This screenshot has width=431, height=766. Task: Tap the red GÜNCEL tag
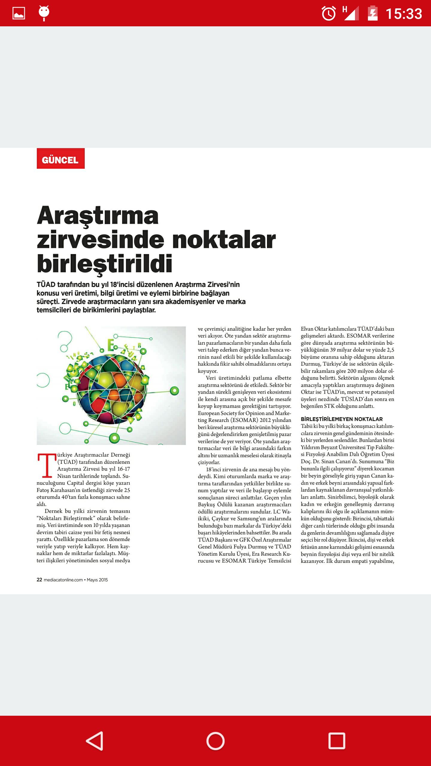(x=60, y=159)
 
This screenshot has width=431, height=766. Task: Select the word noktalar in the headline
(x=224, y=240)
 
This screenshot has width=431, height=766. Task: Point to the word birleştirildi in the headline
(x=104, y=264)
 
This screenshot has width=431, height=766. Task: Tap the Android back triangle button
(x=95, y=741)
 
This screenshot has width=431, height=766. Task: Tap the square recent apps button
(x=337, y=741)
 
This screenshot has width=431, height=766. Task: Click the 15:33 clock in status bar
(x=404, y=14)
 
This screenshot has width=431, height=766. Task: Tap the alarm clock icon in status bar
(x=329, y=14)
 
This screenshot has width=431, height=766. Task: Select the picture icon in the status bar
(x=19, y=13)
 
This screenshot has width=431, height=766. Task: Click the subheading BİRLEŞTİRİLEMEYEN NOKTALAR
(x=342, y=419)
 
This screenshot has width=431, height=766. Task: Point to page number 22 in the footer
(x=39, y=580)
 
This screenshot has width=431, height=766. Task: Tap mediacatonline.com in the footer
(x=63, y=580)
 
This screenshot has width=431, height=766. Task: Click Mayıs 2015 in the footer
(x=97, y=580)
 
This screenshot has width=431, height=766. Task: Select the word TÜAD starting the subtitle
(x=46, y=285)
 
